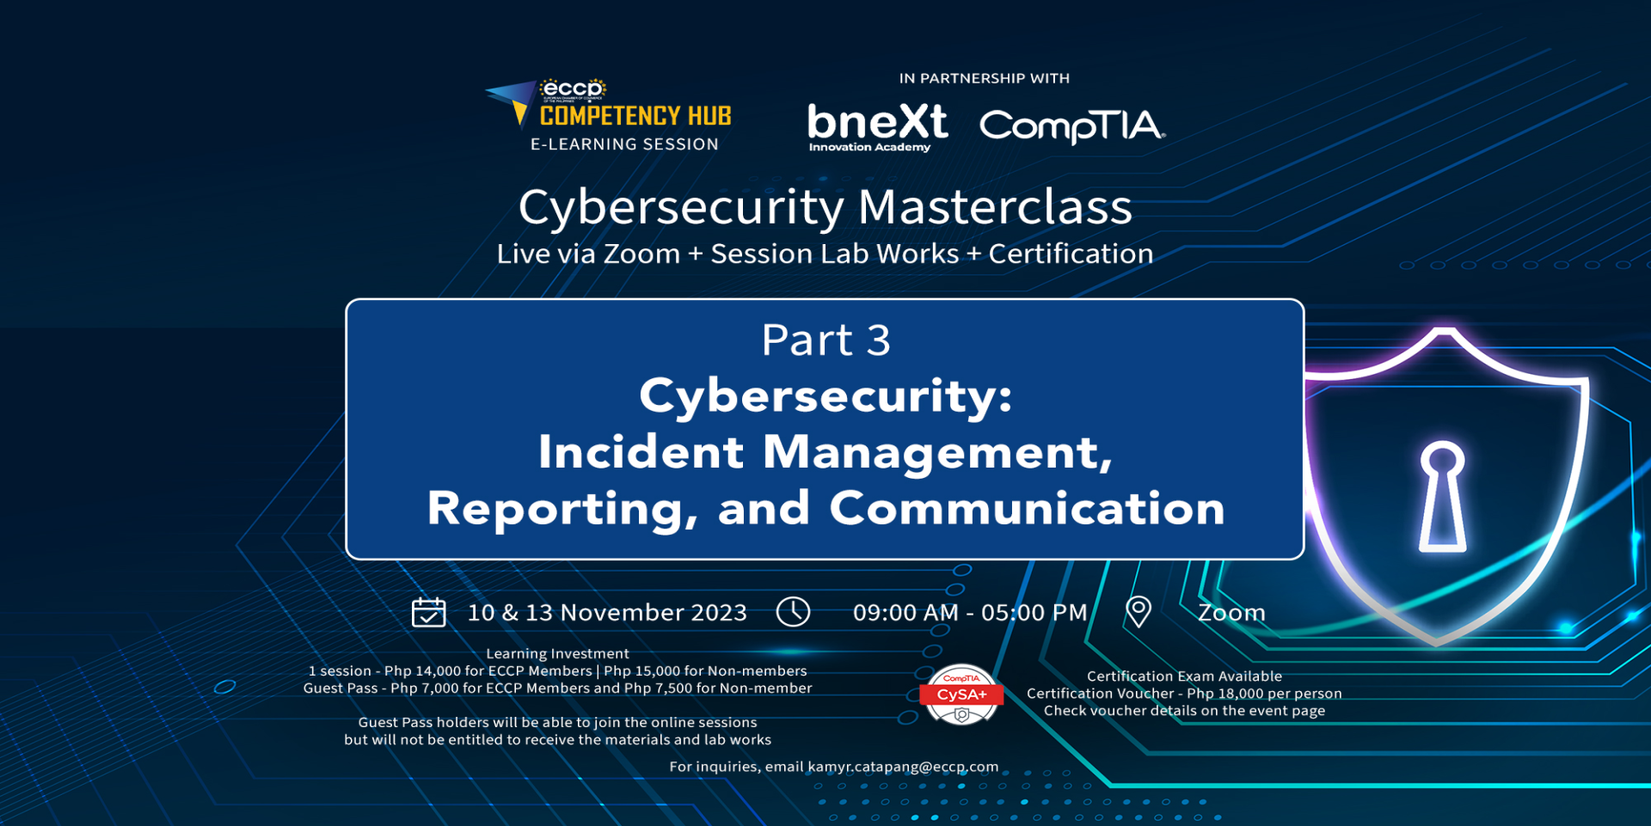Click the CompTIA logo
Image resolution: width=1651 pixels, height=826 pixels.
1072,126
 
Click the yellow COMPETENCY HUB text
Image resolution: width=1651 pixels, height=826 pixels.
635,116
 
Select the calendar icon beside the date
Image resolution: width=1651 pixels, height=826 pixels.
428,612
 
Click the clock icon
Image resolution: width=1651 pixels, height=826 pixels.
793,612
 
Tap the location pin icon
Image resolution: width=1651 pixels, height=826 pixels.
1139,612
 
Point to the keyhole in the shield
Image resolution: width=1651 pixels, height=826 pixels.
1442,496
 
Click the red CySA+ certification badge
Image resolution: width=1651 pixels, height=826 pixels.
961,694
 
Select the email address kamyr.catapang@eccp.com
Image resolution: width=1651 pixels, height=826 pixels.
903,767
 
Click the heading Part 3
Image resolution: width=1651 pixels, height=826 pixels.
825,340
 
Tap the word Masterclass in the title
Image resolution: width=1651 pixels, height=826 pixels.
995,207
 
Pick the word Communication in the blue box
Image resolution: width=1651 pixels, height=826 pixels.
1027,508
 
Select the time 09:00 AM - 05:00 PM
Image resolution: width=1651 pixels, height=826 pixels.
970,613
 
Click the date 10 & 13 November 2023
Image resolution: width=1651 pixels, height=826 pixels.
607,613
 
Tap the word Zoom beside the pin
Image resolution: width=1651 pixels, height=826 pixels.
1231,613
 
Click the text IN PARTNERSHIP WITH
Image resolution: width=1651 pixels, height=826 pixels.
985,78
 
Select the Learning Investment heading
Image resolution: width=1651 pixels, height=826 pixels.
557,654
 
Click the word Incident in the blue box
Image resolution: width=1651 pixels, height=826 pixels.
641,452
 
